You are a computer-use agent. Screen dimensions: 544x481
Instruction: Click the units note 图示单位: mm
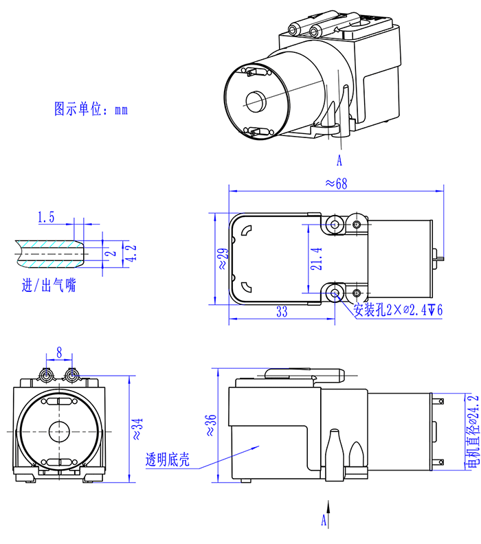[x=91, y=109]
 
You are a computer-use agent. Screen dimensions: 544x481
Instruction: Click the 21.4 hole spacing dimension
[x=315, y=258]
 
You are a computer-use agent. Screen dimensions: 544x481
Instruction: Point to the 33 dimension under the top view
[x=282, y=312]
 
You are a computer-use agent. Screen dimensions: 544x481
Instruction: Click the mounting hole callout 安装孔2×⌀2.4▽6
[x=398, y=310]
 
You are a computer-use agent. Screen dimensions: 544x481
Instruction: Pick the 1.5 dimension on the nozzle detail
[x=46, y=218]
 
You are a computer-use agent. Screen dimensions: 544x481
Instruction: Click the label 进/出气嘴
[x=49, y=285]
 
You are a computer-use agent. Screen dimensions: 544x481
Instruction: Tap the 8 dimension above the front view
[x=60, y=352]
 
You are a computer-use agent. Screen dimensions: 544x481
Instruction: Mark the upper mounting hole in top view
[x=335, y=224]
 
